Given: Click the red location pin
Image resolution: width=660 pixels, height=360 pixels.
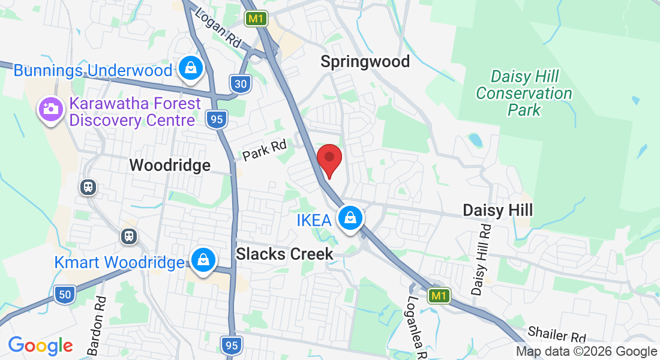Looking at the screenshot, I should [x=329, y=160].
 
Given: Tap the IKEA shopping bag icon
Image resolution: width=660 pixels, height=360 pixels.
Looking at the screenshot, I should [x=350, y=218].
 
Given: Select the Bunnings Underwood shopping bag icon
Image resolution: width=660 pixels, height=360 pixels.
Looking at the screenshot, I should [x=190, y=70].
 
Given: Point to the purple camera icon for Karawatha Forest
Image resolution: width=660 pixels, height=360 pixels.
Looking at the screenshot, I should [x=51, y=109].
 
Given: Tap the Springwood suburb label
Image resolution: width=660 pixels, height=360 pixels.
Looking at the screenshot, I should [x=365, y=61].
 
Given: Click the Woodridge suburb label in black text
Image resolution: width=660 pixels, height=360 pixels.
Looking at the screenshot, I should [x=170, y=165].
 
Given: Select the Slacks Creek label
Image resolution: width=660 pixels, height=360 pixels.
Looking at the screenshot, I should [x=284, y=254].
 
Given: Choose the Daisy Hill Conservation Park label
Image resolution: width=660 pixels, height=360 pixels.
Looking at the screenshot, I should [x=524, y=93].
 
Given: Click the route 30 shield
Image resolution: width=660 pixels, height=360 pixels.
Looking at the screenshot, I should [x=240, y=84].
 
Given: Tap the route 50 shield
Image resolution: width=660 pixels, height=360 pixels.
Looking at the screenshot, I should [x=64, y=294].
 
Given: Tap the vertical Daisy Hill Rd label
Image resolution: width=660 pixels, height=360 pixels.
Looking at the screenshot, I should [x=481, y=260].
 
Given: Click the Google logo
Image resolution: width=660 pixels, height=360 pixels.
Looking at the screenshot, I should [x=40, y=346].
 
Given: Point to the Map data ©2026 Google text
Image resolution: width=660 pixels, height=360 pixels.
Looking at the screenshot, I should [x=586, y=352].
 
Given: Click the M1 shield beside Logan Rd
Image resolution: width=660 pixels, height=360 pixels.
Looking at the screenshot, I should [x=256, y=19].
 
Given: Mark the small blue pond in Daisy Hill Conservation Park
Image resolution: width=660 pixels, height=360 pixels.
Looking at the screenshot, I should [x=475, y=140].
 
